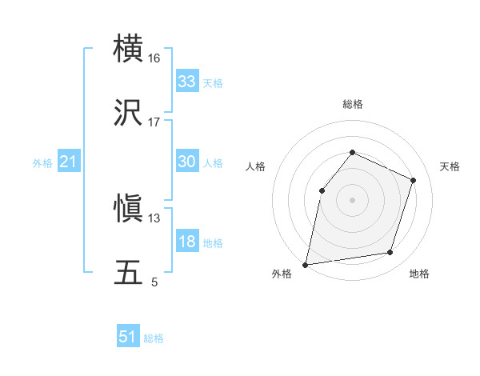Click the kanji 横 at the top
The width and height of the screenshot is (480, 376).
coord(129,50)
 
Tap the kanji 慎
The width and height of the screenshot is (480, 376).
coord(129,210)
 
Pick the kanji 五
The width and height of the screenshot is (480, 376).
coord(129,273)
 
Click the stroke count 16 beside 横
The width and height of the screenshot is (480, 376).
coord(154,58)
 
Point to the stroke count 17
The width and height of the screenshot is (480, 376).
coord(154,122)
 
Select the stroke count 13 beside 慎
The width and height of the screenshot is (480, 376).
coord(154,218)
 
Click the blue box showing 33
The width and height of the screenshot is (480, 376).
coord(187,82)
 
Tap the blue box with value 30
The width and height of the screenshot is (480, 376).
coord(187,162)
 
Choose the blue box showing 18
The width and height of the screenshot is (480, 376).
coord(187,242)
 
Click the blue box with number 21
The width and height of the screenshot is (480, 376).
coord(69,162)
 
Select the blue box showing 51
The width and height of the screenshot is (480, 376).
coord(128,337)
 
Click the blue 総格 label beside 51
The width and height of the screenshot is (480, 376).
coord(154,338)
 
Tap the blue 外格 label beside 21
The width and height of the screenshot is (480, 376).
coord(42,163)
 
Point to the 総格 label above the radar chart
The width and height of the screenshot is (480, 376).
coord(353,104)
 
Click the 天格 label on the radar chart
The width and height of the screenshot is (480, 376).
coord(450,166)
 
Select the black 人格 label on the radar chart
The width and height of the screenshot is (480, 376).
coord(256,166)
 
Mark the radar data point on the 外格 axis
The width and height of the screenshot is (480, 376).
coord(306,264)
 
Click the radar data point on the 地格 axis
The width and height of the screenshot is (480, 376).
coord(390,253)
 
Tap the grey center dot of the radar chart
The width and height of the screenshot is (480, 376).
coord(352,199)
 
